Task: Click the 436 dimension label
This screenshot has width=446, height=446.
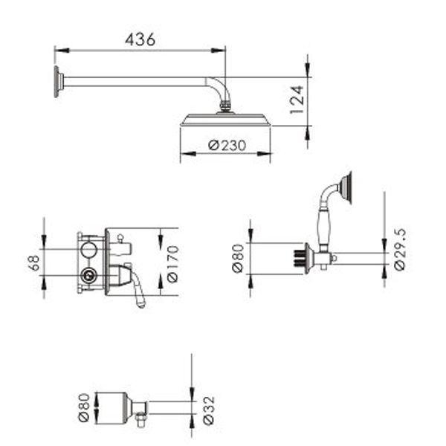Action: [140, 39]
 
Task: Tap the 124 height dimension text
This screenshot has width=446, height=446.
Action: [297, 100]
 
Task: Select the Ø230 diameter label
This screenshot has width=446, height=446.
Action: [227, 146]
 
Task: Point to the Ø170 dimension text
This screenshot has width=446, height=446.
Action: [172, 264]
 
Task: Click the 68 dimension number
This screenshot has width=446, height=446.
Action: [34, 262]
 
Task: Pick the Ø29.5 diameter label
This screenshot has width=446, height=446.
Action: [400, 249]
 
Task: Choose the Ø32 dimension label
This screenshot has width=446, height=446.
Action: [209, 410]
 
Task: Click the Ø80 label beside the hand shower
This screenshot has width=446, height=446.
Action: [238, 258]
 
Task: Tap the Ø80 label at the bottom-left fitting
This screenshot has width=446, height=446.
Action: [84, 407]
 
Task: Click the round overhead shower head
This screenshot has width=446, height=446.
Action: [225, 120]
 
